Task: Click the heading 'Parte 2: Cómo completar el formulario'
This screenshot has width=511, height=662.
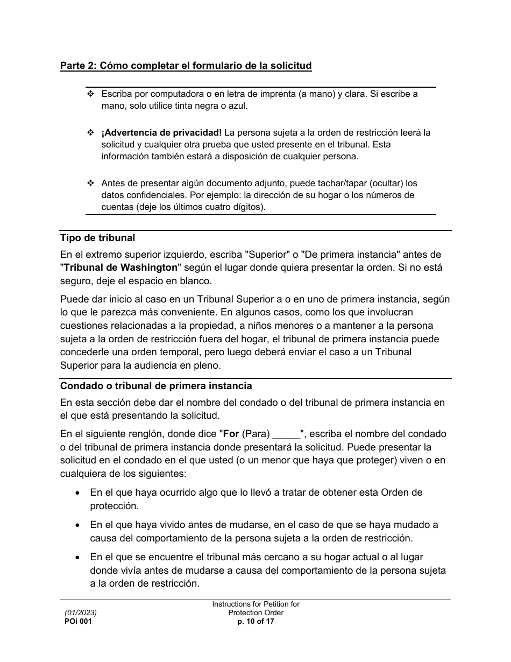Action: tap(186, 66)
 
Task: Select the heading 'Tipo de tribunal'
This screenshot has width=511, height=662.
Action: tap(97, 238)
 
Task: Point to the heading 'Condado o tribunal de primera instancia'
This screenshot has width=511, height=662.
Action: tap(155, 386)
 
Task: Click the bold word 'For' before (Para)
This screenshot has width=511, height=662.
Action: tap(231, 434)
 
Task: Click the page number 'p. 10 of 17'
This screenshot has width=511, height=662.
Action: tap(256, 621)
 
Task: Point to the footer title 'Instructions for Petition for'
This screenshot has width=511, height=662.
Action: tap(256, 604)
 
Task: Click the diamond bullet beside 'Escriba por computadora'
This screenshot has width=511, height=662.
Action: tap(90, 94)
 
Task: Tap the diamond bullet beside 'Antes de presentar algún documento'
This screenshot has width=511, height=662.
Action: tap(90, 183)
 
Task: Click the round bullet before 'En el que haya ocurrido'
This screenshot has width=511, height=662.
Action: tap(79, 492)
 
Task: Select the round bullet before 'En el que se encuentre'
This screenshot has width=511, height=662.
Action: tap(79, 557)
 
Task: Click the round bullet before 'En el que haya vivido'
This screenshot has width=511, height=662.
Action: tap(79, 525)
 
